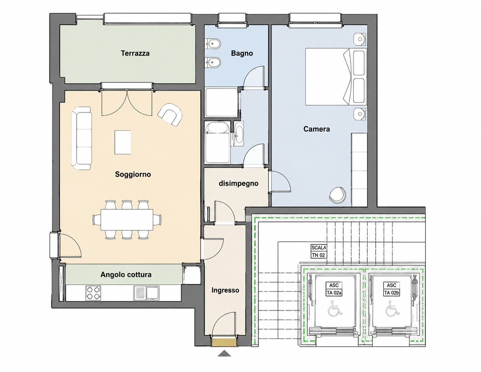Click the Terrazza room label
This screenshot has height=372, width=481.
click(x=135, y=53)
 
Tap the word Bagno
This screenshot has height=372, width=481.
click(x=242, y=53)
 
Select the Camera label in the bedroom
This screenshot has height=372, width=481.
click(x=316, y=129)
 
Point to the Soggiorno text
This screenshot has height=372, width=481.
click(x=133, y=174)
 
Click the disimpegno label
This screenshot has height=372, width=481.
click(x=238, y=183)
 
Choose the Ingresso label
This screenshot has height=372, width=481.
click(x=225, y=290)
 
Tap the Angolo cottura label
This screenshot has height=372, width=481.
click(x=126, y=275)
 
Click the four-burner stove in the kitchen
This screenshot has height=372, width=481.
click(x=93, y=293)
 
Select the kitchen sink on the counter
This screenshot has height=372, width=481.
click(x=146, y=293)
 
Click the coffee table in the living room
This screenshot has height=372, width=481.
click(x=123, y=142)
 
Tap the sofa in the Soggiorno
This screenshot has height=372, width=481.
click(x=81, y=138)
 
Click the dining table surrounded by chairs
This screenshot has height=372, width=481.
click(x=127, y=220)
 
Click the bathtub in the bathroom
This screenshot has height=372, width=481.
click(x=217, y=142)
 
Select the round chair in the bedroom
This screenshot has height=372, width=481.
click(x=338, y=195)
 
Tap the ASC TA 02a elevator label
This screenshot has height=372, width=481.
click(x=334, y=289)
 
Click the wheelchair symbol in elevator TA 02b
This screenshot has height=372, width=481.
click(x=393, y=308)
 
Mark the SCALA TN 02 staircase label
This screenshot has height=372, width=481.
click(x=319, y=251)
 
